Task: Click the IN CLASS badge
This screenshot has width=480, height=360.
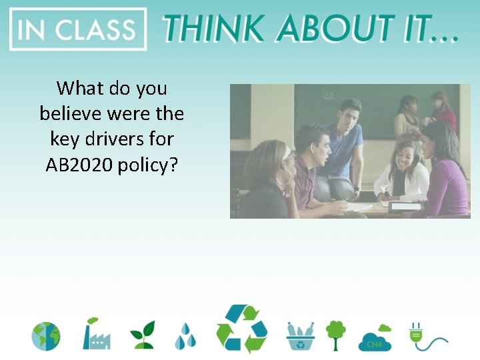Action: point(77,29)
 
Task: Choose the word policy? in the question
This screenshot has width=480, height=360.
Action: point(147,165)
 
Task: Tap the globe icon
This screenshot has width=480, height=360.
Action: point(46,336)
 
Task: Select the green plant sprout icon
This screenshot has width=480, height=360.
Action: point(142,335)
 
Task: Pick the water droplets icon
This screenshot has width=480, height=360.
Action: point(186,336)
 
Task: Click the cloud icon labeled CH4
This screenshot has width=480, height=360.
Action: point(375,338)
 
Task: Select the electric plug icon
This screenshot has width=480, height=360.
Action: point(421,335)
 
